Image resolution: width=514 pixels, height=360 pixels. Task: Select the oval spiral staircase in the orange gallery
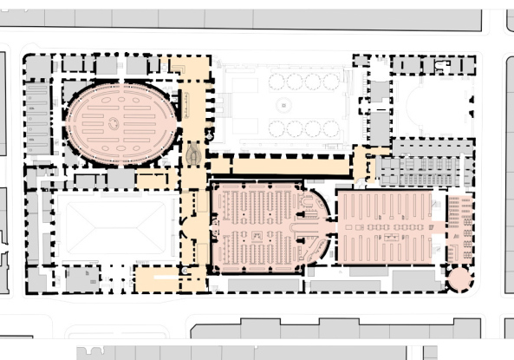pos(193,154)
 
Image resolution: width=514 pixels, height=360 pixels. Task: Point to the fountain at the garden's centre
pos(283,105)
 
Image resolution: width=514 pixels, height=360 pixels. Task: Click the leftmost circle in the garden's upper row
pos(277,82)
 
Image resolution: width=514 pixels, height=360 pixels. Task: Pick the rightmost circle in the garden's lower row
pos(331,128)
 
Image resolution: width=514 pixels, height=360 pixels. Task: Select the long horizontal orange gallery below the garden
pos(286,165)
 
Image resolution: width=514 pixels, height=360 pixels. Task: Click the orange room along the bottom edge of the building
pos(156,279)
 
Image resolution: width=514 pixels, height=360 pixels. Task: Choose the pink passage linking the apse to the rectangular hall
pos(333,227)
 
